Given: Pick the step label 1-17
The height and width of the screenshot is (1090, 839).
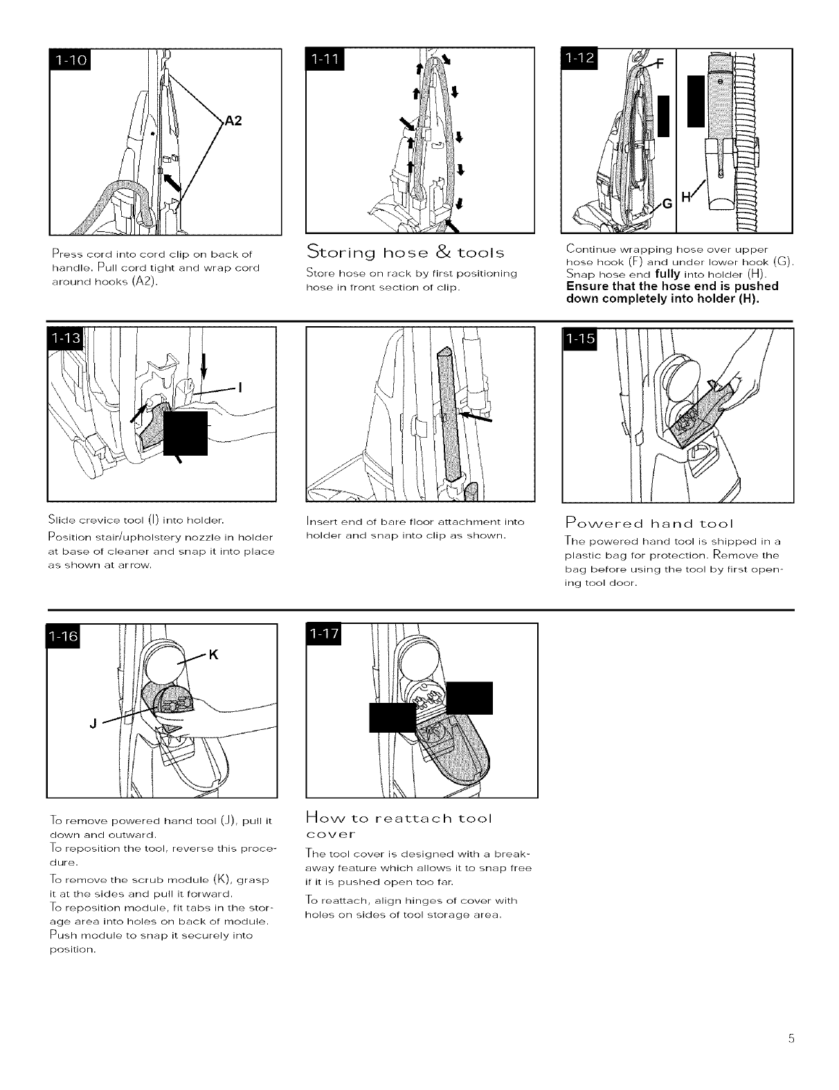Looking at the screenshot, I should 322,636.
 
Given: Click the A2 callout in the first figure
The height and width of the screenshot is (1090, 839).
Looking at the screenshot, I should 233,121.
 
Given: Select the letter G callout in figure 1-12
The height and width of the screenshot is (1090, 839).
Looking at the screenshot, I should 667,204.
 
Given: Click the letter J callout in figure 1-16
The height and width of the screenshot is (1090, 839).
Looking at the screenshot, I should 92,724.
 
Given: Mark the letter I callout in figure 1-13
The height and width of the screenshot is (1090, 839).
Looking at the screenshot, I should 240,388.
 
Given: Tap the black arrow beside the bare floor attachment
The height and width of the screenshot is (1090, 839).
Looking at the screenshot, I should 477,418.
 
